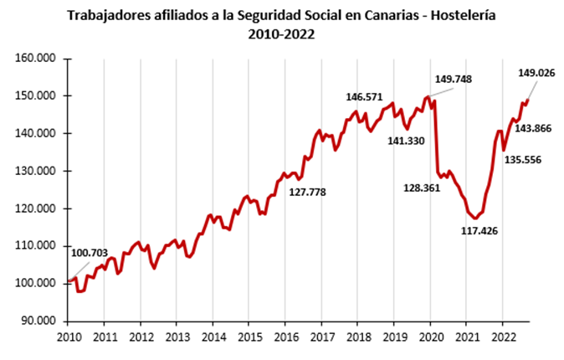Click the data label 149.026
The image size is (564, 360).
click(537, 74)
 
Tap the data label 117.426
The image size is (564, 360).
click(479, 230)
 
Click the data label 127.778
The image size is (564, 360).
click(307, 192)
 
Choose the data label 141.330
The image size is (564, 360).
click(408, 141)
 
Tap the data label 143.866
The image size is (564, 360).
click(532, 128)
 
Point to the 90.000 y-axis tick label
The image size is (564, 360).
click(35, 321)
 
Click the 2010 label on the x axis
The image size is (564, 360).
click(68, 337)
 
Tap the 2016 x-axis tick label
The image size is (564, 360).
click(285, 337)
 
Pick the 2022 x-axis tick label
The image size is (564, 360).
click(502, 337)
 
